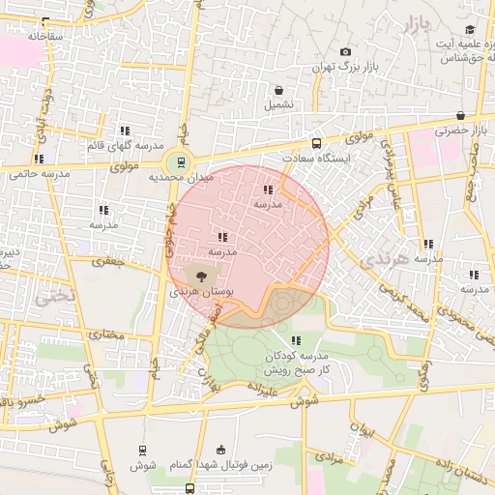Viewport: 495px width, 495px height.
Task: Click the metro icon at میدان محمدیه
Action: click(178, 162)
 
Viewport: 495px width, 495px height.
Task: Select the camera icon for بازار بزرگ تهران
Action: click(345, 52)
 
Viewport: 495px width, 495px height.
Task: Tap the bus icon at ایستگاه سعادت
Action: click(316, 142)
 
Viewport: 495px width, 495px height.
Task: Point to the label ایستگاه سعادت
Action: click(315, 157)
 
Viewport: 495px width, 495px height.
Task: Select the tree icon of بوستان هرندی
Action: click(200, 277)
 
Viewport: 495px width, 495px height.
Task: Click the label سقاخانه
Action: click(44, 36)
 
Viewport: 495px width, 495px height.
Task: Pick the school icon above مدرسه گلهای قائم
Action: click(125, 131)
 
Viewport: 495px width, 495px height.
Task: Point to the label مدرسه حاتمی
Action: click(40, 175)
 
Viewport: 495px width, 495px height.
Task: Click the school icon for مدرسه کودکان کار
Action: click(296, 340)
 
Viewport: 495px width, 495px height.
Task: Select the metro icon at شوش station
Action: click(143, 451)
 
